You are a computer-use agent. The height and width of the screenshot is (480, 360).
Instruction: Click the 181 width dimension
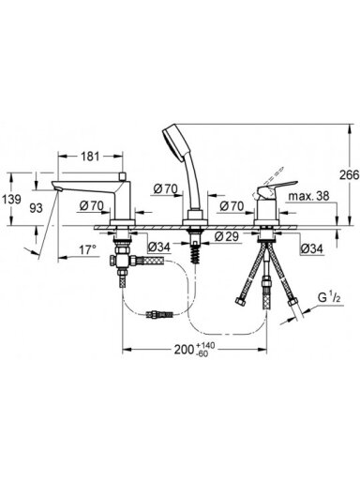(90, 157)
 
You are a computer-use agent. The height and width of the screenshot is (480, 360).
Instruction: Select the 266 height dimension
(350, 175)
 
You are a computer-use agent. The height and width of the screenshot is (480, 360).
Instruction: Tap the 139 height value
(11, 199)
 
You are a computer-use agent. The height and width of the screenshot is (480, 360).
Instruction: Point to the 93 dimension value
(36, 207)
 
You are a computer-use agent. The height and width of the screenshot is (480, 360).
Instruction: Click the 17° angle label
(87, 249)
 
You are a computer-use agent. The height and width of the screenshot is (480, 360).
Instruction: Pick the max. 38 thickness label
(308, 196)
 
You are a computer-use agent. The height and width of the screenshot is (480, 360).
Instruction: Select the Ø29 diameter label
(227, 236)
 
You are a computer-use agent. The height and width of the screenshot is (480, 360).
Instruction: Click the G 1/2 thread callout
(329, 298)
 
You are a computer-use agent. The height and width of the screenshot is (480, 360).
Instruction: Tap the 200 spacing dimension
(185, 350)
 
